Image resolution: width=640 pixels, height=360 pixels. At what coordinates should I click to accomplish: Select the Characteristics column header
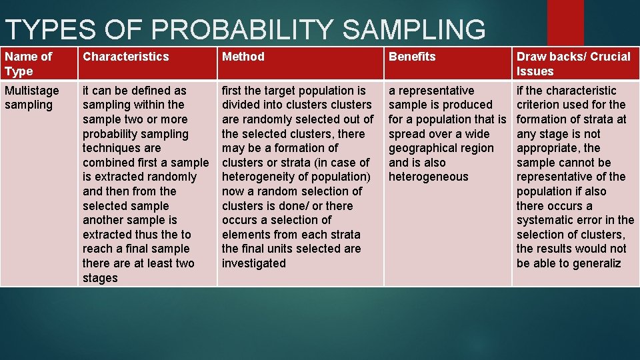pyautogui.click(x=126, y=57)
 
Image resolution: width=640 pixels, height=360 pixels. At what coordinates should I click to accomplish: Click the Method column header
pyautogui.click(x=243, y=57)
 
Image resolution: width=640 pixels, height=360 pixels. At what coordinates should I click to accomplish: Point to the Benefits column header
pyautogui.click(x=412, y=57)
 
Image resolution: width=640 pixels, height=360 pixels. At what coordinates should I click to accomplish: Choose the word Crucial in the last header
pyautogui.click(x=609, y=57)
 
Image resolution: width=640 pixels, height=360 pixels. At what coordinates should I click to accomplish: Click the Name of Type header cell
pyautogui.click(x=28, y=63)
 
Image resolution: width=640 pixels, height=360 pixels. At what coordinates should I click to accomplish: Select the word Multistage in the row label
pyautogui.click(x=31, y=91)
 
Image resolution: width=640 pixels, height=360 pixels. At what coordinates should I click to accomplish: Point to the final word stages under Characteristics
pyautogui.click(x=100, y=278)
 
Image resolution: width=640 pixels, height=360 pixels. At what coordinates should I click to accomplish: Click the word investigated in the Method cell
pyautogui.click(x=254, y=263)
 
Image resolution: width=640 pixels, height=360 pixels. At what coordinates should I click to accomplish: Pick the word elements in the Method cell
pyautogui.click(x=244, y=235)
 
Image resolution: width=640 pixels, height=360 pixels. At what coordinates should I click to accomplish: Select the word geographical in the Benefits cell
pyautogui.click(x=424, y=148)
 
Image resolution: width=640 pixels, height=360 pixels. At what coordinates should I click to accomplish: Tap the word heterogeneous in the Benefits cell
pyautogui.click(x=429, y=177)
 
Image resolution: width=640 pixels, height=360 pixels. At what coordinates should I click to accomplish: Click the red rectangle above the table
pyautogui.click(x=565, y=22)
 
